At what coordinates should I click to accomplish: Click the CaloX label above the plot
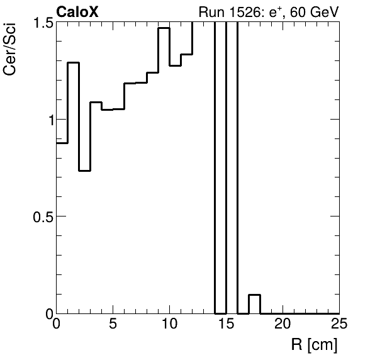(77, 11)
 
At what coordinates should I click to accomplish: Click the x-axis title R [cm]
(314, 345)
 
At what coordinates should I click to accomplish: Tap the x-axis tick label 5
(113, 325)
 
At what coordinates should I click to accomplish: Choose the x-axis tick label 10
(169, 325)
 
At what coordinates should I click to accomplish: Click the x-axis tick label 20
(283, 325)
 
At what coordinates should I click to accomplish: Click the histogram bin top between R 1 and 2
(73, 63)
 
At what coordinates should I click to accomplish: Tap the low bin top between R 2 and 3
(84, 171)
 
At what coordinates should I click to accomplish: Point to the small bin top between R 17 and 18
(254, 295)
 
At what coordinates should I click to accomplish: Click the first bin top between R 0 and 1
(62, 143)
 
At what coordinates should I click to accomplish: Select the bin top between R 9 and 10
(164, 28)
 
